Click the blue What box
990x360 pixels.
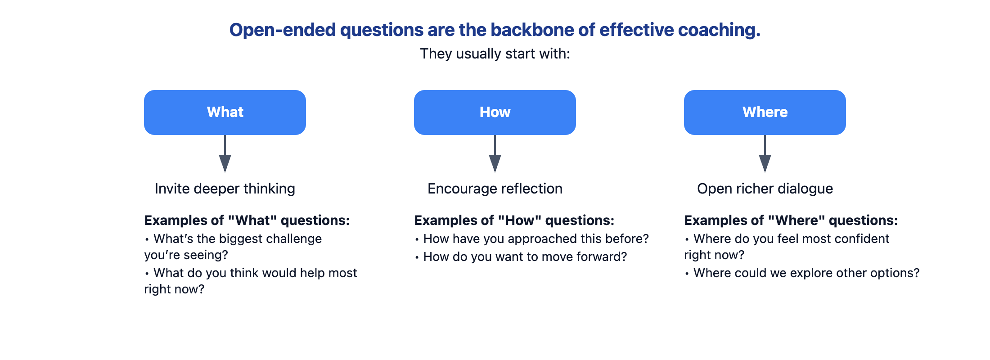coord(225,112)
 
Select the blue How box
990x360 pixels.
coord(495,112)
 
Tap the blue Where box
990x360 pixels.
coord(765,112)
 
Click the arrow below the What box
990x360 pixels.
coord(225,153)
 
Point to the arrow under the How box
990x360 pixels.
coord(495,153)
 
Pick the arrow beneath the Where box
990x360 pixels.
coord(765,153)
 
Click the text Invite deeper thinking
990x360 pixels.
coord(225,189)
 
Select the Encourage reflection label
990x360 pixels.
coord(495,189)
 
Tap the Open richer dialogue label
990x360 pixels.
coord(765,189)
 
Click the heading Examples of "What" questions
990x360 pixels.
coord(247,220)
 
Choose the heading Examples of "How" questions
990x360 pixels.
coord(514,220)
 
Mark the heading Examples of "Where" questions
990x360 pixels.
coord(791,220)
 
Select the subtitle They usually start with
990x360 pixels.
coord(495,54)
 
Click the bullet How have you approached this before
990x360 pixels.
coord(532,238)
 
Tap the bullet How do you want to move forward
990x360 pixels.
coord(521,256)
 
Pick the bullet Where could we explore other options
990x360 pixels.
coord(802,273)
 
